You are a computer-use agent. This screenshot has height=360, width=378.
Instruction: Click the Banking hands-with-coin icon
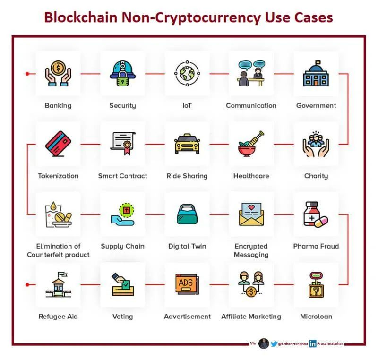pos(58,74)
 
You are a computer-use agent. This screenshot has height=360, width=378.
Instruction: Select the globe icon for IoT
pos(187,74)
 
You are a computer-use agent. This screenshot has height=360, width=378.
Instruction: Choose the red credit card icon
pos(58,144)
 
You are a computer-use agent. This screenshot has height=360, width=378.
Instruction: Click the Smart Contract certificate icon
pos(122,144)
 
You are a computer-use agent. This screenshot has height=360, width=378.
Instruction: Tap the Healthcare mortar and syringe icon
pos(251,144)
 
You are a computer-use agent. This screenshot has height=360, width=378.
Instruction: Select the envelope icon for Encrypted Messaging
pos(251,214)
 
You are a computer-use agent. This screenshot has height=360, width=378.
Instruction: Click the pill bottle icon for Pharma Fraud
pos(316,214)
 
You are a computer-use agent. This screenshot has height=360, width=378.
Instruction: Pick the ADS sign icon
pos(187,284)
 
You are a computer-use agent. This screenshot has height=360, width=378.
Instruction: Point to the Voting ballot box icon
pos(122,284)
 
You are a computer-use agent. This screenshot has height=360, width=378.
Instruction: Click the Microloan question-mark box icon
pos(316,284)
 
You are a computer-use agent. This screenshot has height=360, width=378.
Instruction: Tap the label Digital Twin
pos(187,246)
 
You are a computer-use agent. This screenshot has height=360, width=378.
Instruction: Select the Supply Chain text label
pos(122,246)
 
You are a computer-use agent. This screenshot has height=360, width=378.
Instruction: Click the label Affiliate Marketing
pos(251,317)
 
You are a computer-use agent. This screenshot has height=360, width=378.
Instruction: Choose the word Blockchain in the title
pos(80,17)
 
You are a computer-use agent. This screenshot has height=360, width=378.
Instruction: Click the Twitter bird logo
pos(274,344)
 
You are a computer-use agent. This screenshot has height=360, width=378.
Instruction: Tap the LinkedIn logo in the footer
pos(313,344)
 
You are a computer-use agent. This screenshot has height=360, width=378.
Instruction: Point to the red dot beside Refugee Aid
pos(28,284)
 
